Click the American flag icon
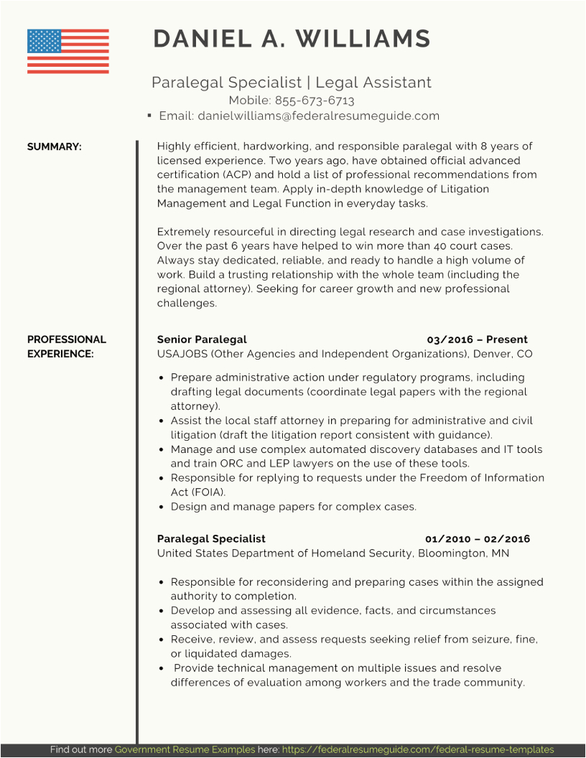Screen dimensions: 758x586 68,51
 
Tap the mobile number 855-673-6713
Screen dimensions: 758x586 315,100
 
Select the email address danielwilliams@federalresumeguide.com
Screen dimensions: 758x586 318,116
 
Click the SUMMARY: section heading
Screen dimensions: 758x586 55,146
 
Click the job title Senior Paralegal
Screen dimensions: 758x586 202,340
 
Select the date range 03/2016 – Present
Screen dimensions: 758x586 477,340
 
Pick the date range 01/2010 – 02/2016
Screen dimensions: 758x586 477,538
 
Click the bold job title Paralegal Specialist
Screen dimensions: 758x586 211,538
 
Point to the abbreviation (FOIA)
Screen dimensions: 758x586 208,492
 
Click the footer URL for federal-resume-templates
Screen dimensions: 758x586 418,749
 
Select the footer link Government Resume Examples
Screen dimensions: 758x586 185,749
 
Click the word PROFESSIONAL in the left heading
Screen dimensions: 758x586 66,340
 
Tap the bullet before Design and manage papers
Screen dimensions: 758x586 163,507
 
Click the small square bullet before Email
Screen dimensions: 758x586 149,116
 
